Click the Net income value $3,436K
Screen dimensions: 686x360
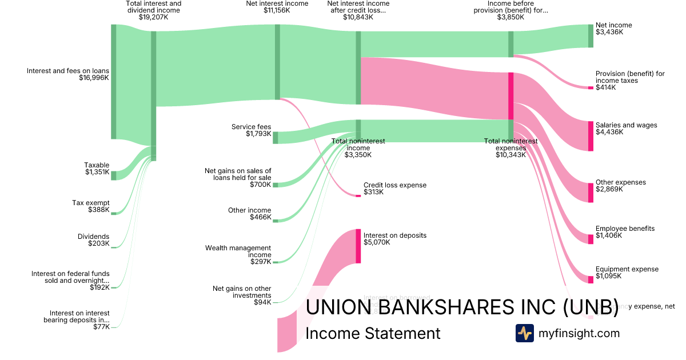[609, 33]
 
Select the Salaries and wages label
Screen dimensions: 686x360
[626, 125]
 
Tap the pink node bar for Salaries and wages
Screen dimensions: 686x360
[591, 136]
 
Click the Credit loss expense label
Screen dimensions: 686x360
[395, 185]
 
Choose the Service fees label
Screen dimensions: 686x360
[251, 127]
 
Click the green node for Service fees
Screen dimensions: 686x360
[276, 137]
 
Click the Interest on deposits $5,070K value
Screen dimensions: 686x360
[377, 242]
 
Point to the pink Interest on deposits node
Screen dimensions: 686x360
[358, 246]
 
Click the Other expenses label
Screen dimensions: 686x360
[620, 182]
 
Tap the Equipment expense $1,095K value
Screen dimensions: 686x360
[609, 276]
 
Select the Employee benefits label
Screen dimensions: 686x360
[625, 229]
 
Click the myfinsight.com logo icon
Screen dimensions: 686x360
[524, 333]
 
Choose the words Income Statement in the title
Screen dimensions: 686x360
[373, 334]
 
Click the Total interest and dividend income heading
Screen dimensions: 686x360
[153, 7]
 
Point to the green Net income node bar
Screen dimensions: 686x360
[591, 36]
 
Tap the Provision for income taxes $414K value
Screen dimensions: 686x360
[606, 87]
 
